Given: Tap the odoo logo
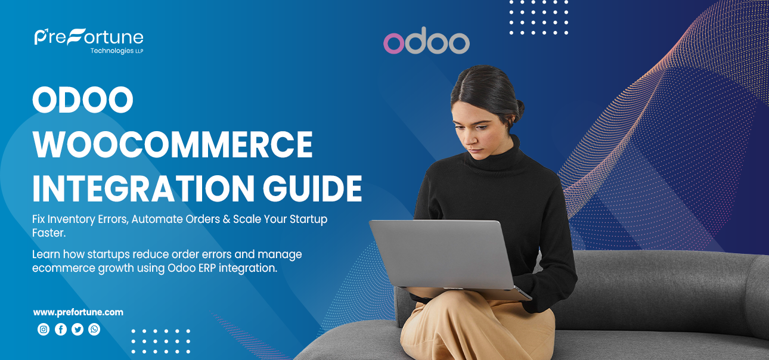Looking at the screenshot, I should pos(426,42).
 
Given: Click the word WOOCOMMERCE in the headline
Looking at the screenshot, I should pos(172,144).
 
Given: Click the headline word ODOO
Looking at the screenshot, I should pos(82,101).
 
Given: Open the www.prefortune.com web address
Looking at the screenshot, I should pos(78,312).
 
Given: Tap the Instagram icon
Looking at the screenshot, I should pos(44,329).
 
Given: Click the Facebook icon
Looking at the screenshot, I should pos(61,329).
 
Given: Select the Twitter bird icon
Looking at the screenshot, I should pos(77,329).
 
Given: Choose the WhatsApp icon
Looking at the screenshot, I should pos(94,329).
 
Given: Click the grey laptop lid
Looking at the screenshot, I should pos(441,253).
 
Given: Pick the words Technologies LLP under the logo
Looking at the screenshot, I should pos(117,51).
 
